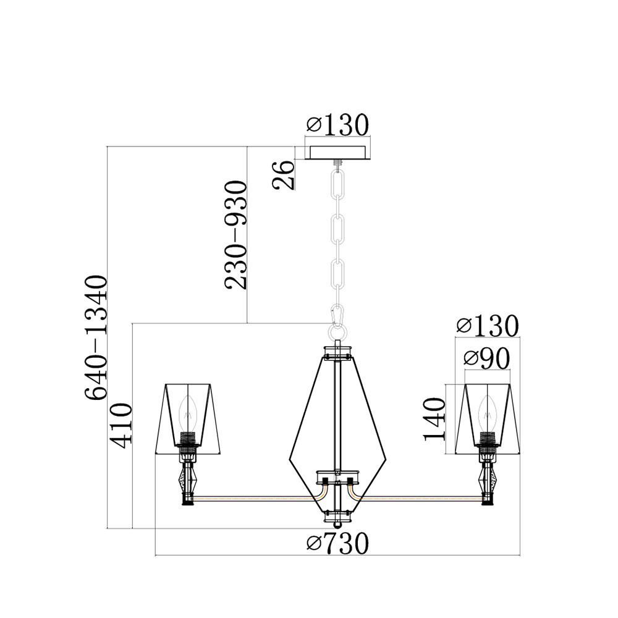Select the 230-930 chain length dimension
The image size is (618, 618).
(x=235, y=235)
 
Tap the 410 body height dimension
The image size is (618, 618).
(x=121, y=425)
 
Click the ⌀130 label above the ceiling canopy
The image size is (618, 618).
(x=337, y=124)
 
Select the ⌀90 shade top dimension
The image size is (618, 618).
(x=487, y=359)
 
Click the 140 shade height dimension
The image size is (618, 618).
(x=434, y=419)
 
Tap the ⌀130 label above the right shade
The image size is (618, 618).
(x=487, y=326)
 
